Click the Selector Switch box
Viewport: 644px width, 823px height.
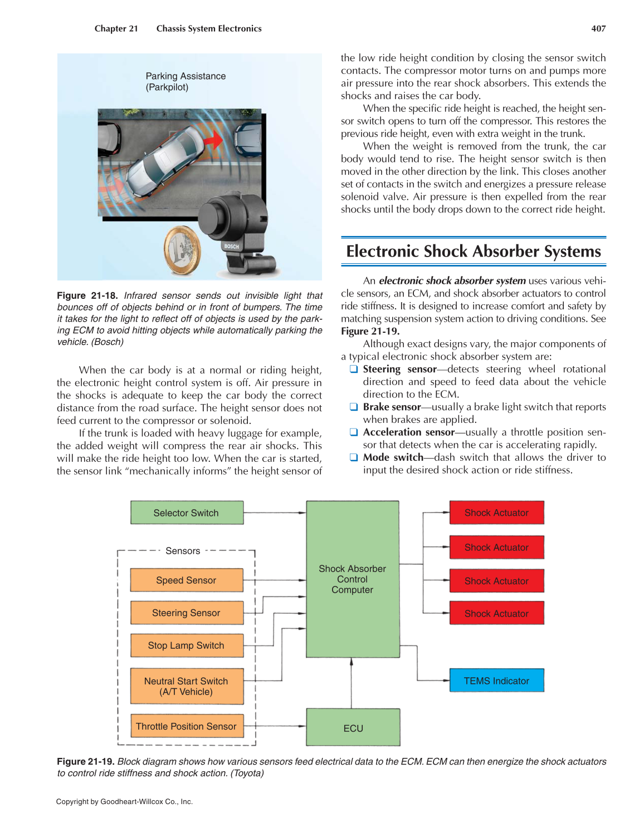pyautogui.click(x=187, y=512)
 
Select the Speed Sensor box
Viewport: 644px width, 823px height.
pyautogui.click(x=187, y=580)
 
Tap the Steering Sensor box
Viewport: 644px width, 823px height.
pyautogui.click(x=187, y=613)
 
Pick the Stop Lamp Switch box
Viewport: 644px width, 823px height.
pyautogui.click(x=187, y=645)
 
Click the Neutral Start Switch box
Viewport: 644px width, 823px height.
pyautogui.click(x=187, y=686)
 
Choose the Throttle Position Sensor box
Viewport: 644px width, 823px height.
pyautogui.click(x=187, y=726)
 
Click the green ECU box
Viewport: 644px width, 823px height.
pyautogui.click(x=353, y=728)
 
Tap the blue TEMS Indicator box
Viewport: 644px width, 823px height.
pyautogui.click(x=496, y=681)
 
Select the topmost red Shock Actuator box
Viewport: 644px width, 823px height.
pyautogui.click(x=496, y=512)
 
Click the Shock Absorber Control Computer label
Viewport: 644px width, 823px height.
pyautogui.click(x=352, y=579)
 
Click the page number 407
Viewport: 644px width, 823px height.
pyautogui.click(x=598, y=28)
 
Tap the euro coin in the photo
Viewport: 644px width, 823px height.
pyautogui.click(x=182, y=250)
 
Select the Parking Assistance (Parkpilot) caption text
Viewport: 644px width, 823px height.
pyautogui.click(x=185, y=81)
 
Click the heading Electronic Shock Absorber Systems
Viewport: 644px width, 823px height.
pyautogui.click(x=473, y=252)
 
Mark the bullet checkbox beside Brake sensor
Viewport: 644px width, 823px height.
pyautogui.click(x=353, y=407)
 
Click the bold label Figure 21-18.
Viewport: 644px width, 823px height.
pyautogui.click(x=87, y=295)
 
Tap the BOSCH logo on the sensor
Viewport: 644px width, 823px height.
pyautogui.click(x=232, y=246)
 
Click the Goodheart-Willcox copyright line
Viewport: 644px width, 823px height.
pyautogui.click(x=124, y=802)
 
